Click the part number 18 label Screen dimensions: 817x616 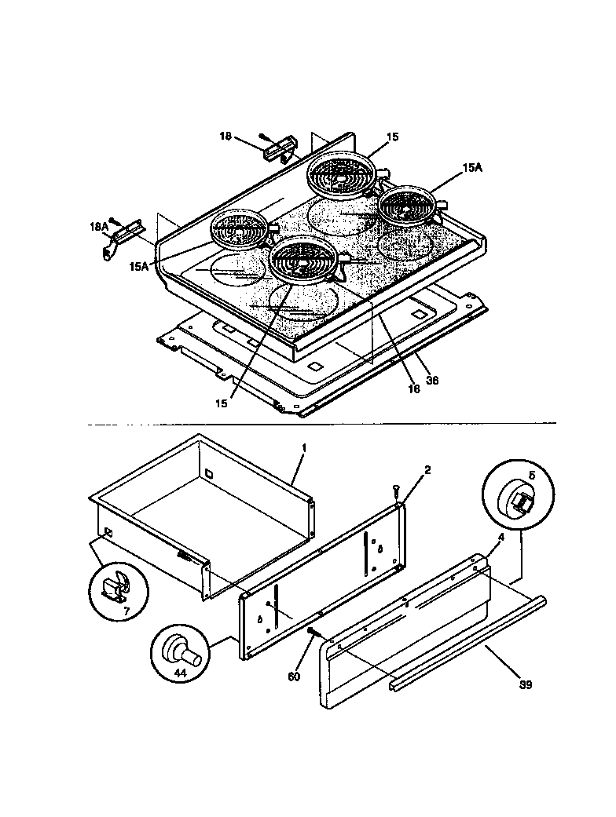pyautogui.click(x=225, y=137)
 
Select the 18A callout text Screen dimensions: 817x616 pyautogui.click(x=98, y=227)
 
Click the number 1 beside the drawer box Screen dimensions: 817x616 pyautogui.click(x=303, y=447)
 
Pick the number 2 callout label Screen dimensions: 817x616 pyautogui.click(x=427, y=470)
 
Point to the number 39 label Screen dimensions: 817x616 pyautogui.click(x=526, y=684)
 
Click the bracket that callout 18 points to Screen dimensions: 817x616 pyautogui.click(x=280, y=145)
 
